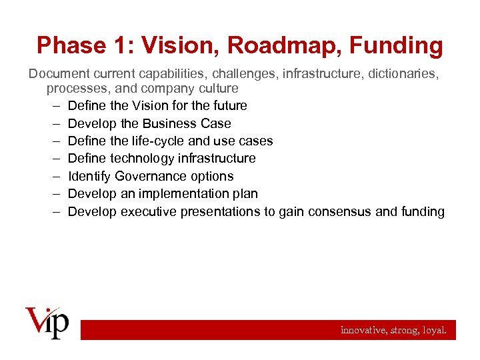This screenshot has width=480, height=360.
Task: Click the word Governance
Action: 150,177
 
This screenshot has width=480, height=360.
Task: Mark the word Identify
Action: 89,177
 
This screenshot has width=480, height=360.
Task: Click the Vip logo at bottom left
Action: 47,323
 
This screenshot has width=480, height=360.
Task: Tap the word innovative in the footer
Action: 362,330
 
